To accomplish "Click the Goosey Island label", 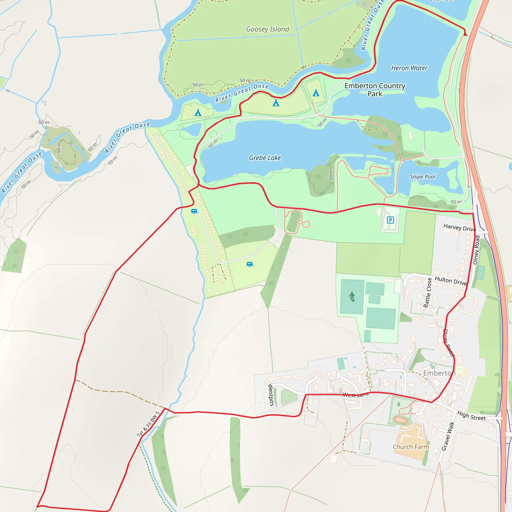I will pos(267,29).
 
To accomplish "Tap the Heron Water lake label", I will pos(409,68).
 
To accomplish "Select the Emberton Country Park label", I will pos(375,89).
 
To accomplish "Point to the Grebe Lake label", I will pos(265,158).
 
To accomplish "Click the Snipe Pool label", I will pos(422,177).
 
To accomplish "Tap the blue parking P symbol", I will pos(390,220).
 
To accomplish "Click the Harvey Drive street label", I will pos(459,227).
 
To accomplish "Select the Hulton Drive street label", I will pos(450,281).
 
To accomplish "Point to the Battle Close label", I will pos(427,292).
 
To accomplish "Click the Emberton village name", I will pos(439,373).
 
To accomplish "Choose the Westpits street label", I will pos(271,394).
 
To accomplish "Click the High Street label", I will pos(471,416).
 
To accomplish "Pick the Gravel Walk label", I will pos(447,436).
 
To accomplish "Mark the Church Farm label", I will pos(410,447).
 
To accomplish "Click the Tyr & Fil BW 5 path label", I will pos(148,424).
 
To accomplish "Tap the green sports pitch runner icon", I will pos(352,297).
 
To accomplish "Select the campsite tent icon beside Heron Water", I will pos(316,93).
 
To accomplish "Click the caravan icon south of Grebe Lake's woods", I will pos(250,264).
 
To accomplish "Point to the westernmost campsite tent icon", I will pos(198,113).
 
